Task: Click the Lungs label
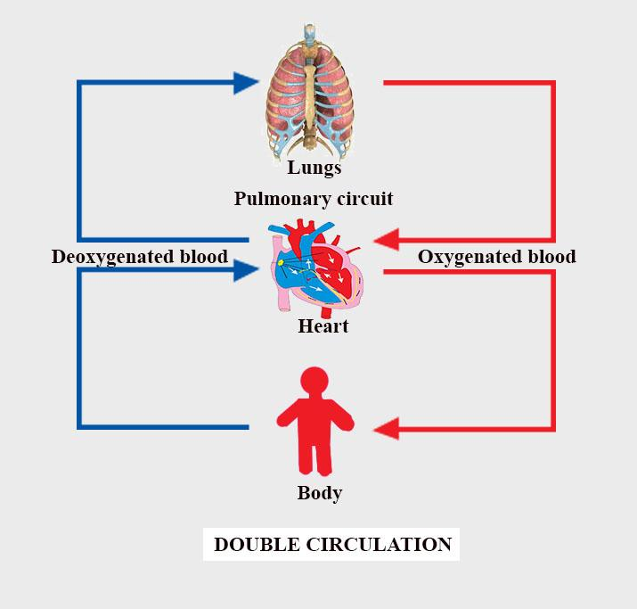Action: tap(314, 167)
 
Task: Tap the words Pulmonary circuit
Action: tap(313, 198)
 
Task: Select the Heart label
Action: tap(323, 326)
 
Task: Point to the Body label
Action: tap(319, 492)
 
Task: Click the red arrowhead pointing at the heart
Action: tap(386, 240)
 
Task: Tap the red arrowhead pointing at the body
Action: tap(386, 430)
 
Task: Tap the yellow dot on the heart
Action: tap(280, 262)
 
